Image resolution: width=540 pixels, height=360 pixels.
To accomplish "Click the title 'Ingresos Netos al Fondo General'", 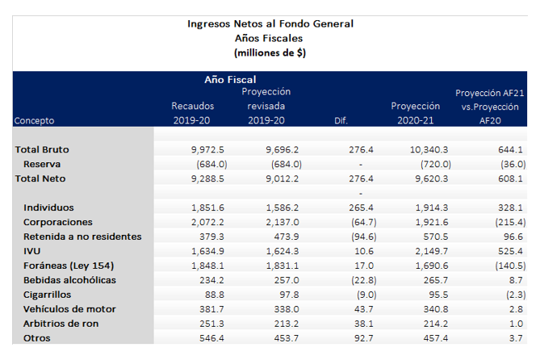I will (270, 23).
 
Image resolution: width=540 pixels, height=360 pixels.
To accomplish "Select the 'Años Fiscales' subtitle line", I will (270, 38).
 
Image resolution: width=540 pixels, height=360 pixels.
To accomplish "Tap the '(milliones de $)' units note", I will (270, 52).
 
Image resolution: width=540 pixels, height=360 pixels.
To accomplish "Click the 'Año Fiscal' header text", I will (230, 79).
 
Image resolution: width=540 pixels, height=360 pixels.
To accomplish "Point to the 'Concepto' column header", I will (34, 120).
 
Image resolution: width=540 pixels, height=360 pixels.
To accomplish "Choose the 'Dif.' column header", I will (341, 120).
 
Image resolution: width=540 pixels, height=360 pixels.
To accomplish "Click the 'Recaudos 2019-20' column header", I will (190, 113).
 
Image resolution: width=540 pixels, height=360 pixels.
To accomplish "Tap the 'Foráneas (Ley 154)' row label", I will (69, 266).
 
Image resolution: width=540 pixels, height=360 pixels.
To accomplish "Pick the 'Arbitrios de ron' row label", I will (63, 324).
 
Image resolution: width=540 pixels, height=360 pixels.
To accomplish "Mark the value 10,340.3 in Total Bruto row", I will (430, 149).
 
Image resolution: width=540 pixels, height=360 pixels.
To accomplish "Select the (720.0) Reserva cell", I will (432, 164).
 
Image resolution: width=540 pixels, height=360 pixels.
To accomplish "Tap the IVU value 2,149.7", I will (433, 251).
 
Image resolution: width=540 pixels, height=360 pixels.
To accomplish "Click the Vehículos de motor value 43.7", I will (362, 309).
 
